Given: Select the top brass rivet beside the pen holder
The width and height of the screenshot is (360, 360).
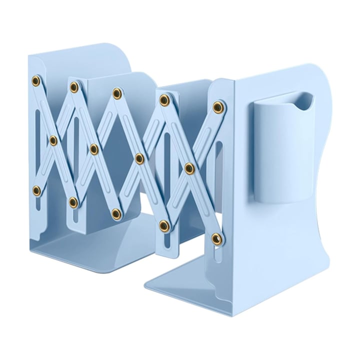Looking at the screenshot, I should pos(217,106).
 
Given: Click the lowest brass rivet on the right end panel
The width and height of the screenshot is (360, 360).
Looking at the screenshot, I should pos(216,237).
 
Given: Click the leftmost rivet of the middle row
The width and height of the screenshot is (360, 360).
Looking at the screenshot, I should pos(53,140).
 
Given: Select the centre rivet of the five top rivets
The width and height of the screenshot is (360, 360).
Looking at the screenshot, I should pos(117,93).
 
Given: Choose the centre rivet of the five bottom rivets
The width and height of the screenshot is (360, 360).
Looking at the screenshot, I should pos(116,213).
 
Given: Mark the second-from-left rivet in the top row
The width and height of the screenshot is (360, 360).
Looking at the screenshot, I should pos(74,88).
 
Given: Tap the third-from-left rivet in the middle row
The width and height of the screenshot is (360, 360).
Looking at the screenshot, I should pos(139,158).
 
